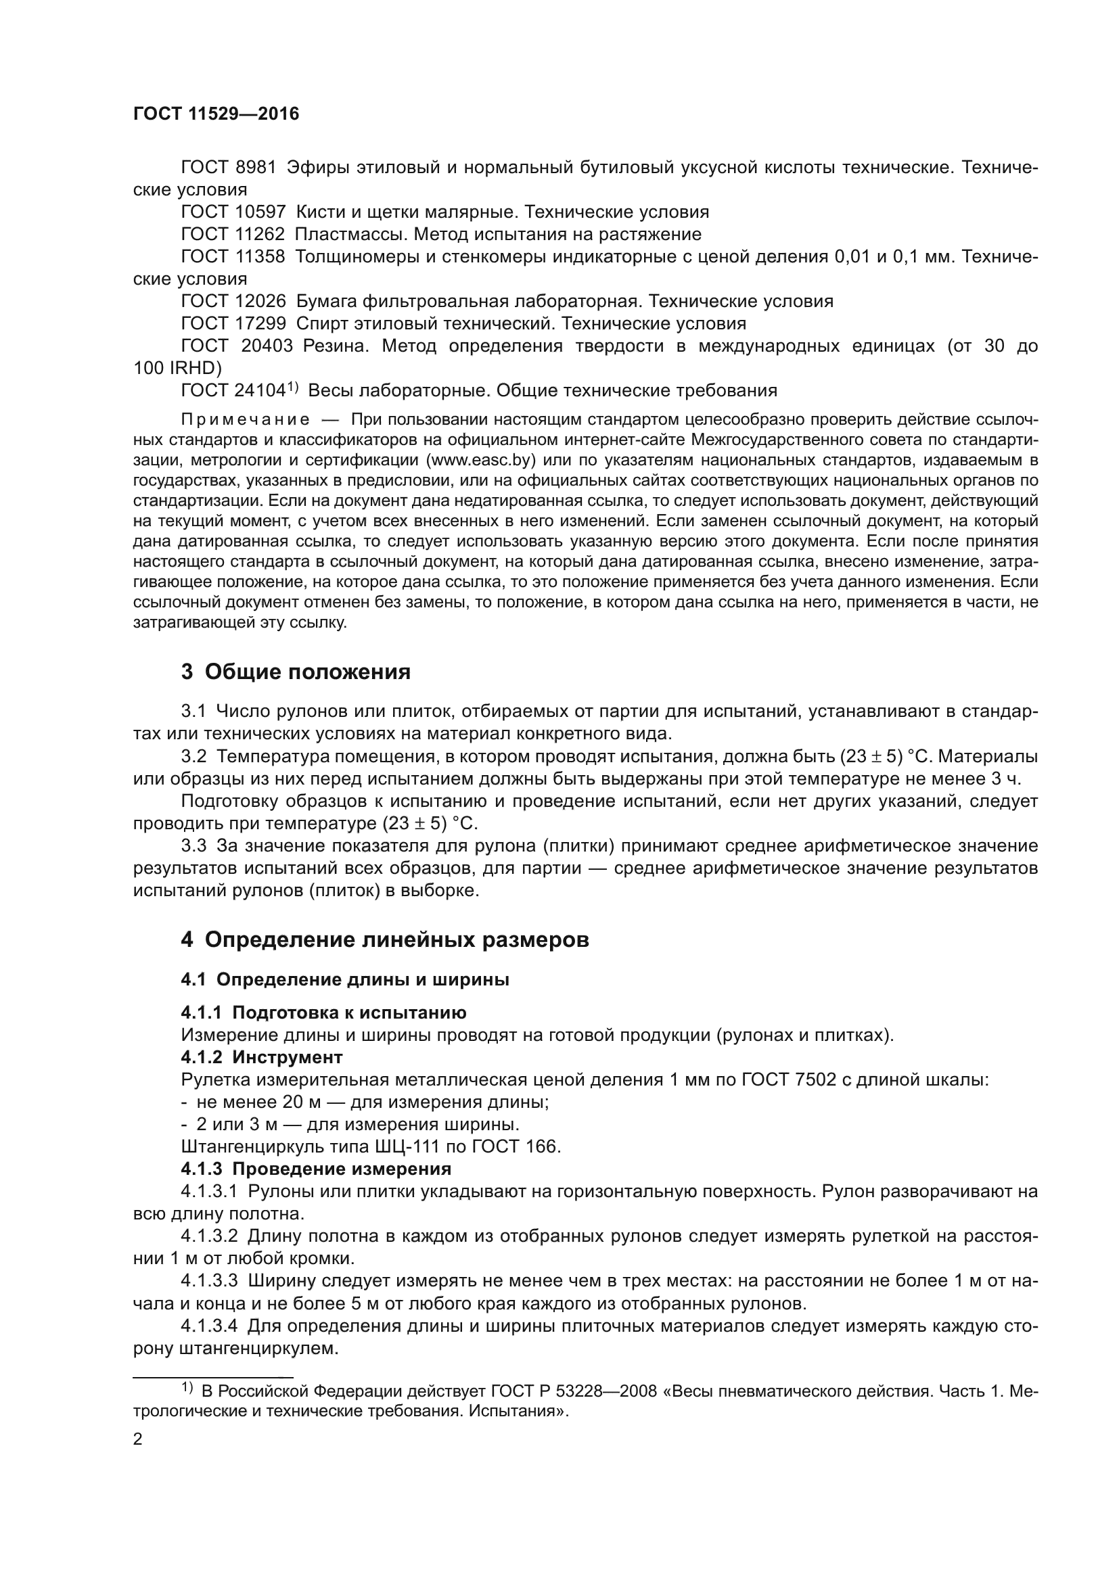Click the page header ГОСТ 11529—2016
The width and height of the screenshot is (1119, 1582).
coord(216,114)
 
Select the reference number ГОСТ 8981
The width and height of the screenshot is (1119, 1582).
coord(228,168)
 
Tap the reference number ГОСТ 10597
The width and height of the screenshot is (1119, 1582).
coord(233,212)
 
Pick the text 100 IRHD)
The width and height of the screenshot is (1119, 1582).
coord(177,368)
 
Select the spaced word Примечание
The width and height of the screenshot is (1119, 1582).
coord(245,419)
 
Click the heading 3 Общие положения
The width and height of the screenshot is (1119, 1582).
coord(296,672)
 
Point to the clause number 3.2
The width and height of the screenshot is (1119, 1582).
coord(193,757)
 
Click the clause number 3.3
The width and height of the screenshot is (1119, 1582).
coord(193,845)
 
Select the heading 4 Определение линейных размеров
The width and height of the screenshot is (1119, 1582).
coord(384,940)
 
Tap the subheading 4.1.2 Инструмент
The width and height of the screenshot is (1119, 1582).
coord(262,1057)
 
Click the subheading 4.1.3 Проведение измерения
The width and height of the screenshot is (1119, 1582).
coord(316,1169)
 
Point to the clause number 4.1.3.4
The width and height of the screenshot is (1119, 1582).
coord(209,1326)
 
